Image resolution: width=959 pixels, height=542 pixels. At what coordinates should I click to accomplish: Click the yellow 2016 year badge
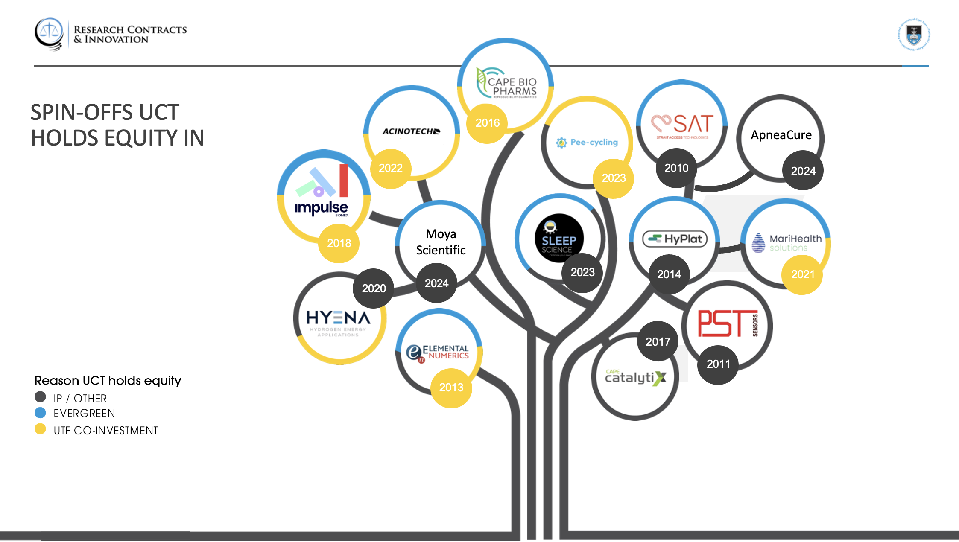click(487, 123)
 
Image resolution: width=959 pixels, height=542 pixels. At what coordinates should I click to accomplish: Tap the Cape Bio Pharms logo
click(507, 84)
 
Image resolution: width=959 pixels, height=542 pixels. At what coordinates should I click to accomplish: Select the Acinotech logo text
click(411, 131)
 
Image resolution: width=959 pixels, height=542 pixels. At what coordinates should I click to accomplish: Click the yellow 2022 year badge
click(391, 168)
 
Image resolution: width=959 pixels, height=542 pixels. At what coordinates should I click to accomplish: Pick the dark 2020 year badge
click(374, 288)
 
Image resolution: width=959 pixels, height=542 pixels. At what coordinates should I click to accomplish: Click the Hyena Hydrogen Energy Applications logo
click(338, 322)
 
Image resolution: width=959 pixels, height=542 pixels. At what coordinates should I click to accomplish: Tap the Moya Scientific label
click(441, 242)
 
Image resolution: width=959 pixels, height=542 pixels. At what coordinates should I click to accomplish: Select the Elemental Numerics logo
click(438, 353)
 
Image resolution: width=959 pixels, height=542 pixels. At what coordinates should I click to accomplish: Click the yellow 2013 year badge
click(451, 388)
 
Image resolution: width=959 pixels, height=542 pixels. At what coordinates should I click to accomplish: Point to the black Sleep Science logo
click(559, 238)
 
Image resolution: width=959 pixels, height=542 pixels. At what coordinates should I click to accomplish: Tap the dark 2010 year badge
click(676, 168)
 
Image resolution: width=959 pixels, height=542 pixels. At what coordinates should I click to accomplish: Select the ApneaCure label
click(781, 135)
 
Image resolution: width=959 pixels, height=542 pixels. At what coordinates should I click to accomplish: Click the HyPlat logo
click(675, 239)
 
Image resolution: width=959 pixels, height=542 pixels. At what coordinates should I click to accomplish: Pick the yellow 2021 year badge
click(803, 274)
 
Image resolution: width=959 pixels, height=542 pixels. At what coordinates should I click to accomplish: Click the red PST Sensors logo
click(728, 323)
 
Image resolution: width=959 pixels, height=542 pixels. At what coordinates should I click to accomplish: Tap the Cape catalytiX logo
click(635, 377)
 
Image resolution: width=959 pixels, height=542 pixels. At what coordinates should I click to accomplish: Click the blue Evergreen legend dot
click(40, 413)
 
